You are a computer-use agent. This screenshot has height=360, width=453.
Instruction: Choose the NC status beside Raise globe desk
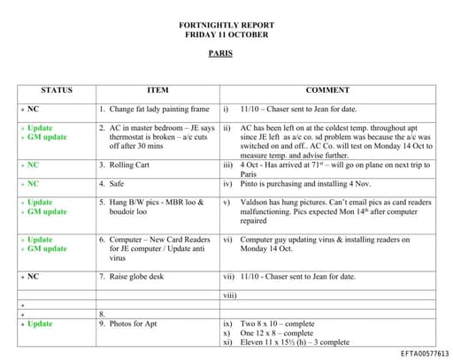click(33, 277)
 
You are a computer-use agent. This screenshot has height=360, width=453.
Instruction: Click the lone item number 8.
click(103, 314)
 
